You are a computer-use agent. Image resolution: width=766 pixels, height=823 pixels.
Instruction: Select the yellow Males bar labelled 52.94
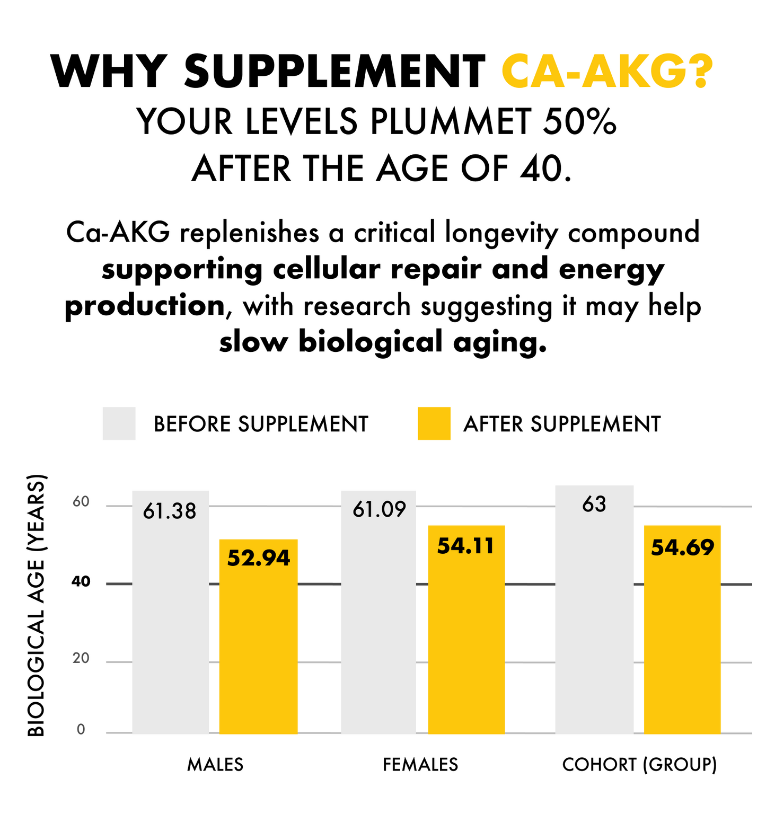[x=258, y=636]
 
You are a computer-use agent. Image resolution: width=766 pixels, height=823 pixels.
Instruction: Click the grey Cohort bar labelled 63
[x=594, y=609]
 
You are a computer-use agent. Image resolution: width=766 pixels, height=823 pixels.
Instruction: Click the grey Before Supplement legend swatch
[x=119, y=423]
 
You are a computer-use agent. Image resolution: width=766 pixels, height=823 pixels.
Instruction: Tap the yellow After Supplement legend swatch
[x=434, y=423]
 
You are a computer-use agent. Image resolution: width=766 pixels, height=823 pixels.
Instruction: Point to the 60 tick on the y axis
[x=81, y=502]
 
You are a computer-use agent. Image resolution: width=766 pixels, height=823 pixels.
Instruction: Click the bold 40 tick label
[x=81, y=582]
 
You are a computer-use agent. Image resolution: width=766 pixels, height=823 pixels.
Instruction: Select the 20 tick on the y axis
[x=81, y=658]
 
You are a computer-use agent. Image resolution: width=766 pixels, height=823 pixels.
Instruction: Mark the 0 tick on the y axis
[x=81, y=730]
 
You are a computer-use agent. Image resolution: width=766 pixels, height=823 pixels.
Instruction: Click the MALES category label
[x=215, y=764]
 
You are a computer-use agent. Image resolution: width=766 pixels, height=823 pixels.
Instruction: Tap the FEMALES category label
[x=420, y=764]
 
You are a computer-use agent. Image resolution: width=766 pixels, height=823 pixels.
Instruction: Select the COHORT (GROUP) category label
[x=639, y=764]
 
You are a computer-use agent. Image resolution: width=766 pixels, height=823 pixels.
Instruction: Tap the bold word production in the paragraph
[x=145, y=306]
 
